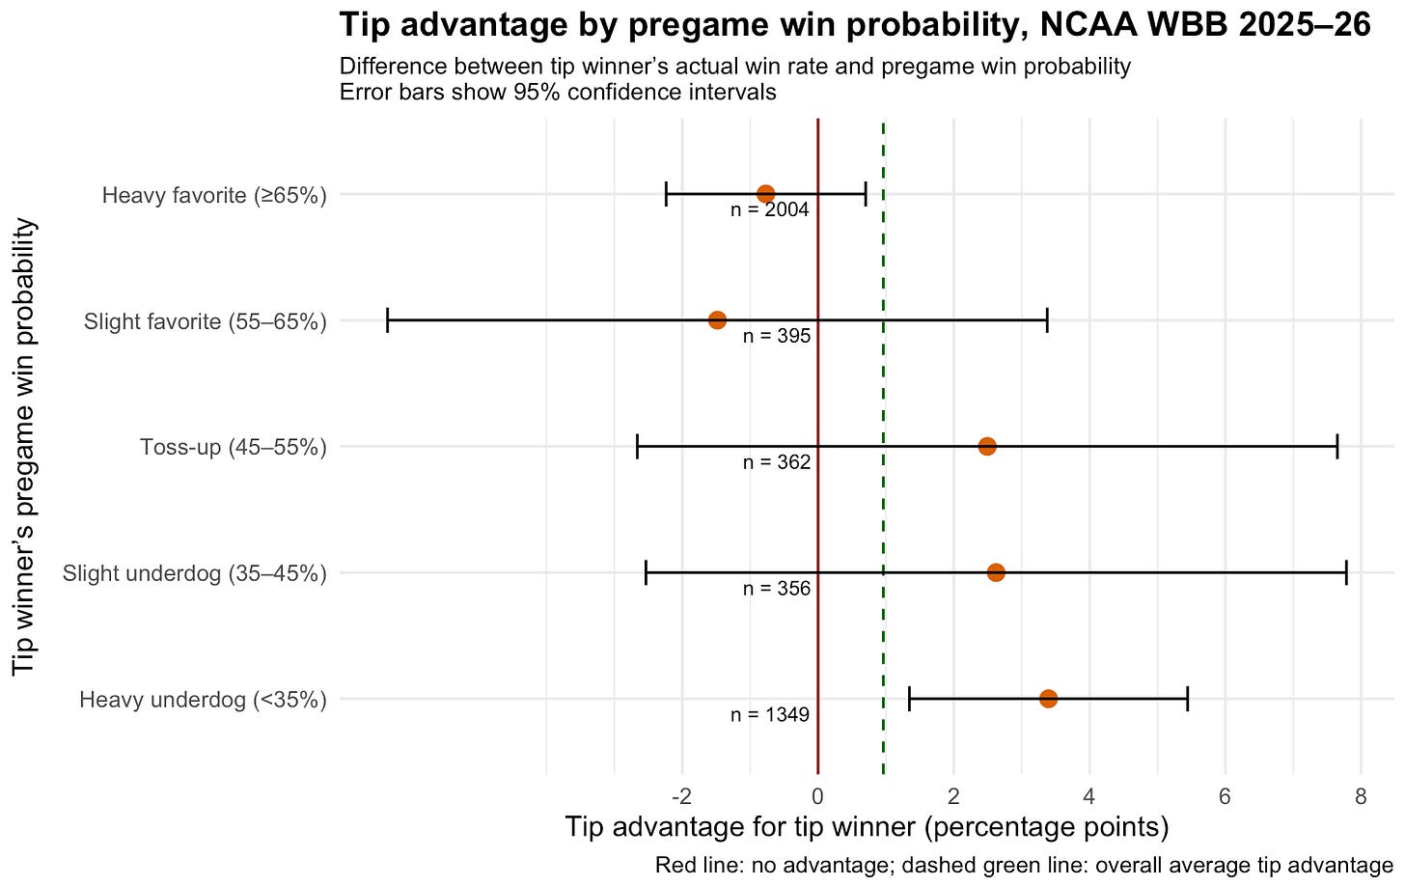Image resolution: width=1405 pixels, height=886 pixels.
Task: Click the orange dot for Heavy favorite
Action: [765, 194]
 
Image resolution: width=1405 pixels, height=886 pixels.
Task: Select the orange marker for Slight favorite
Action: [717, 320]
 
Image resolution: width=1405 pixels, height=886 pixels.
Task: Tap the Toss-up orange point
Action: [986, 446]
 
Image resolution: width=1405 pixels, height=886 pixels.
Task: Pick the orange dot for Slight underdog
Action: [996, 572]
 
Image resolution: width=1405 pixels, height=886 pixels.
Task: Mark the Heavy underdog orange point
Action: [1048, 699]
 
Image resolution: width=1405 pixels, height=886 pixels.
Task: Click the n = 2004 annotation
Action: [769, 210]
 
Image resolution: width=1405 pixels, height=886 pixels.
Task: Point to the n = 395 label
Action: [776, 337]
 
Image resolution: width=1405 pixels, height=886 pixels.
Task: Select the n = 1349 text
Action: [769, 715]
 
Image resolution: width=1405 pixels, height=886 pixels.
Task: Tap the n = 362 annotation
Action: [776, 463]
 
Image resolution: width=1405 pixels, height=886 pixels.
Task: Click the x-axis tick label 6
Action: [1225, 797]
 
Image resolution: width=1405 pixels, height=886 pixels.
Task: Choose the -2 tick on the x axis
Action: [681, 797]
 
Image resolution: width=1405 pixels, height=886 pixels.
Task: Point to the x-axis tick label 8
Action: [1361, 797]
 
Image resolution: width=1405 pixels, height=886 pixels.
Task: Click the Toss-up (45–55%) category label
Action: [233, 447]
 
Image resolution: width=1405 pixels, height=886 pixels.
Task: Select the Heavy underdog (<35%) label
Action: [203, 700]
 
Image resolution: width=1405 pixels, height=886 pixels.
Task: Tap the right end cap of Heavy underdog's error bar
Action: [1187, 699]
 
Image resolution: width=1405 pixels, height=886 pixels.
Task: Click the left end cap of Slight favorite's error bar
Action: [387, 320]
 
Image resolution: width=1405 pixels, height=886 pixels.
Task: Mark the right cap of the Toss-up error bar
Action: [1336, 446]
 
